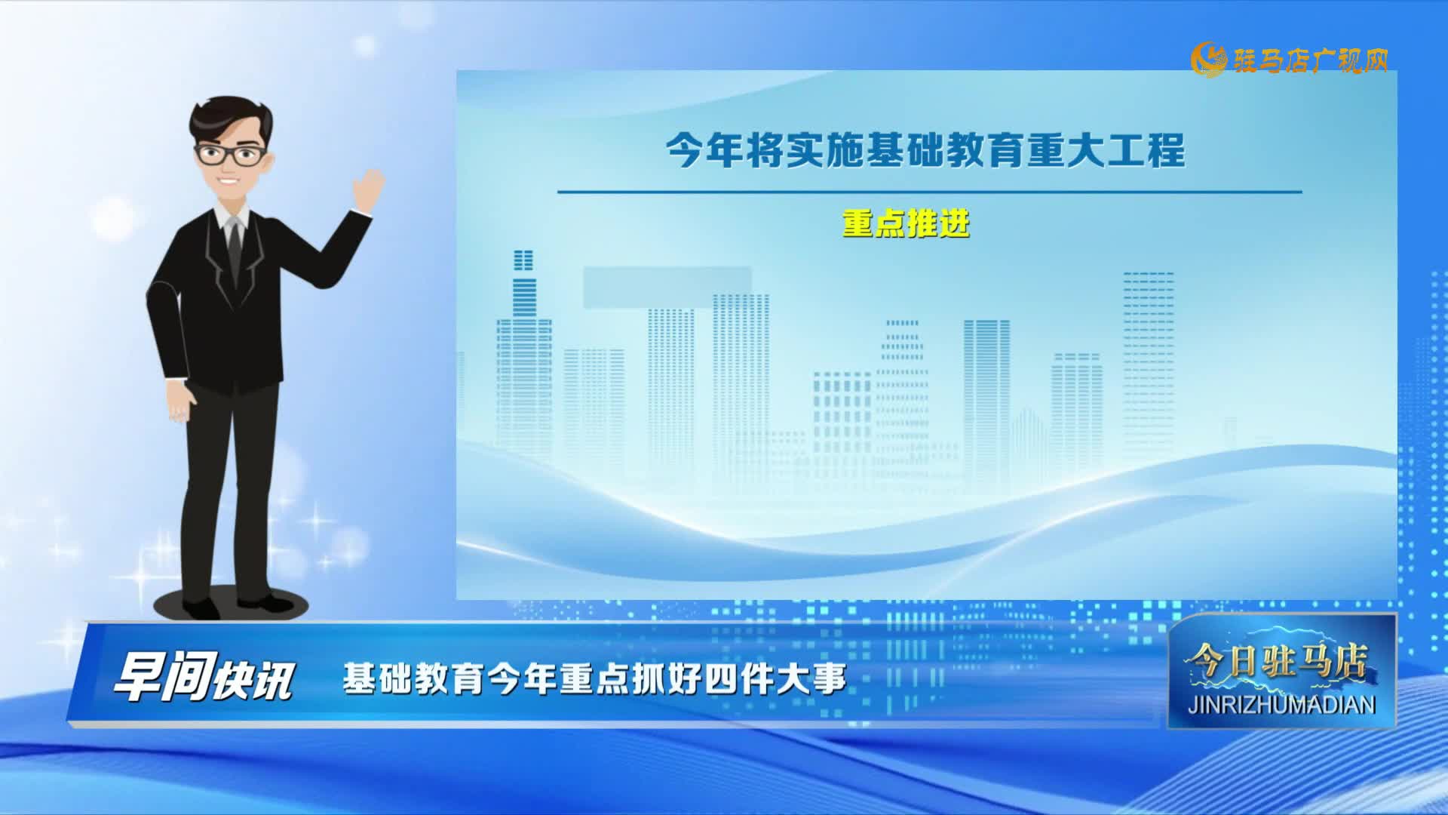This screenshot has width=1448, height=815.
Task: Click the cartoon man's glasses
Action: pos(231,155)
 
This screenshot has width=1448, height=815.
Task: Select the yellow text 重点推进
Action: pos(906,223)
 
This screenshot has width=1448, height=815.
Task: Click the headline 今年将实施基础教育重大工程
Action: pos(925,151)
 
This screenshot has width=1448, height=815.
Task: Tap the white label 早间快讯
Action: pos(202,678)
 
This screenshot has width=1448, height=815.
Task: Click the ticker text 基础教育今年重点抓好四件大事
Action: pos(594,678)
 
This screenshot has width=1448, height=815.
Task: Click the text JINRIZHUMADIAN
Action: pos(1281,705)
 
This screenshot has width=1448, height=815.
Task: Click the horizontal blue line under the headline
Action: pos(929,192)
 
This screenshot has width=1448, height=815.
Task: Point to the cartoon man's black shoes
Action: pos(226,604)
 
